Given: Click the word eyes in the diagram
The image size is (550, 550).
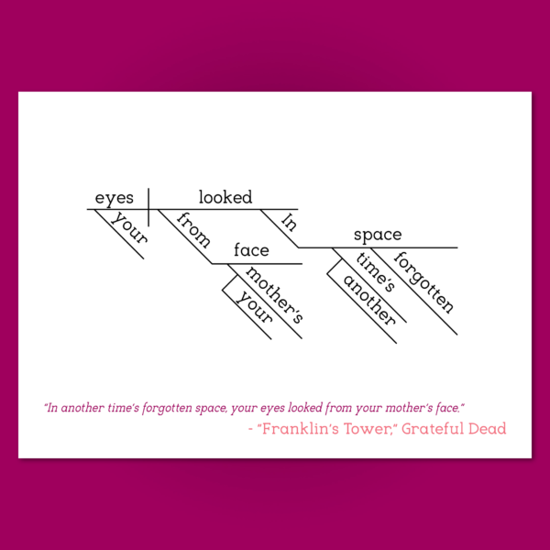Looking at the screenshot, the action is [115, 198].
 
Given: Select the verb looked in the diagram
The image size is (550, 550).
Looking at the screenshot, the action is [225, 197].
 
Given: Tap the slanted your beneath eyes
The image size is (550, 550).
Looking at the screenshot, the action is [129, 227].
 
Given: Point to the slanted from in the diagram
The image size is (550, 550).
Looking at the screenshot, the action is [193, 230].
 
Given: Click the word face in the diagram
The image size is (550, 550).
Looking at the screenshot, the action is [251, 249].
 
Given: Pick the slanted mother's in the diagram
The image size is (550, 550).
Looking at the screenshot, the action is [274, 295].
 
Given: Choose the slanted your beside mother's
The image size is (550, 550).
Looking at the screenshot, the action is [255, 307].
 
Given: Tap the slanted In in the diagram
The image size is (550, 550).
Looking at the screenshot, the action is [289, 223].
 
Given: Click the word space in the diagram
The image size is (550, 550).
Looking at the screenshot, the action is [378, 235].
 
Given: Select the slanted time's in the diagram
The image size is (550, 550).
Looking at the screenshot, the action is [376, 272].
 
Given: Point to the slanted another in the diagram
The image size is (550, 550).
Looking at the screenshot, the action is [369, 300].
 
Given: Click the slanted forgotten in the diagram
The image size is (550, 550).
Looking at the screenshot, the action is [424, 282].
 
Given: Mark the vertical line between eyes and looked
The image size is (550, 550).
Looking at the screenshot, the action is [148, 207].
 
